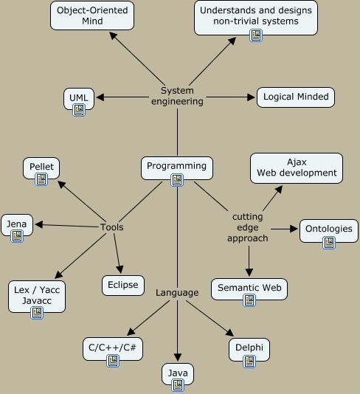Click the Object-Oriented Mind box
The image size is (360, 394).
pos(92,15)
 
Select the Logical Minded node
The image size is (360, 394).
pos(296,97)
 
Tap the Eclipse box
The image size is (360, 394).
pos(123,286)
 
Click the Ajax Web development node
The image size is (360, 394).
pos(297,168)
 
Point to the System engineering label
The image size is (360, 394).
pos(177,96)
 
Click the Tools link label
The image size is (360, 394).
pos(112,227)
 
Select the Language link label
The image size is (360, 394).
pos(177,293)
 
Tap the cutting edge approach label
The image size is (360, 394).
pos(248,227)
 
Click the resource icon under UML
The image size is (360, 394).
pos(79,110)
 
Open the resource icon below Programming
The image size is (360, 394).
pos(177,180)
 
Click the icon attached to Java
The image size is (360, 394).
pos(178,385)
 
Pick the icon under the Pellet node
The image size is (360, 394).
pos(41,179)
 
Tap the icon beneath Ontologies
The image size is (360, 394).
pos(329,243)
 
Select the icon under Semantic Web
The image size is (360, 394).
pos(249,300)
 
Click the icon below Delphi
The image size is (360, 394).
pos(249,362)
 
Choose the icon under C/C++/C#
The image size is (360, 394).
pos(113,361)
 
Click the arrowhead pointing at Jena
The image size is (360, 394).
pos(39,224)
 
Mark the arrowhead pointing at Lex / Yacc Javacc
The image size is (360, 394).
pos(58,274)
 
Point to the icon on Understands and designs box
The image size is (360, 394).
pos(256,35)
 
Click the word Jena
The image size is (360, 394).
pos(16,224)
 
